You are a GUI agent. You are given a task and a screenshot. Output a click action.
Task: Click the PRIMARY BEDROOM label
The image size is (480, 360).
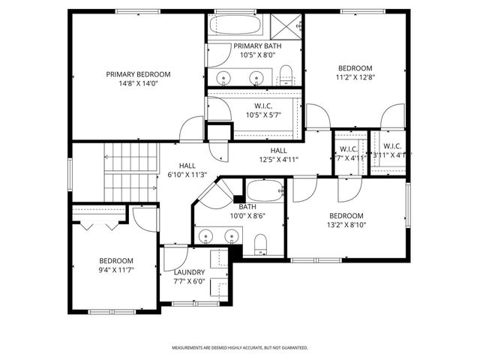click(137, 74)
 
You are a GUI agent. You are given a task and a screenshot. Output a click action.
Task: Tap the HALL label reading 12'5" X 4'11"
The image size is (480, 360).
click(279, 159)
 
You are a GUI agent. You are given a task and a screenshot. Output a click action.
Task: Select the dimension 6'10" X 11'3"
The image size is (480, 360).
click(187, 175)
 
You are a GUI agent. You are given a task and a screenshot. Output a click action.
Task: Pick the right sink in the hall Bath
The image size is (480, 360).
click(232, 237)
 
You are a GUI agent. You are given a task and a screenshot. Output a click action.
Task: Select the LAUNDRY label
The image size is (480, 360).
click(190, 272)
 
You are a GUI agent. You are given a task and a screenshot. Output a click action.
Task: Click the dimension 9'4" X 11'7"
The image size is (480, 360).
click(116, 270)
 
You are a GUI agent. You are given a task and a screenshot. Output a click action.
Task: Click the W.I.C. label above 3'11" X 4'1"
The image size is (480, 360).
click(392, 146)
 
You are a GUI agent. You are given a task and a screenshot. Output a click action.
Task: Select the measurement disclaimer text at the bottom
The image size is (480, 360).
click(240, 348)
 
